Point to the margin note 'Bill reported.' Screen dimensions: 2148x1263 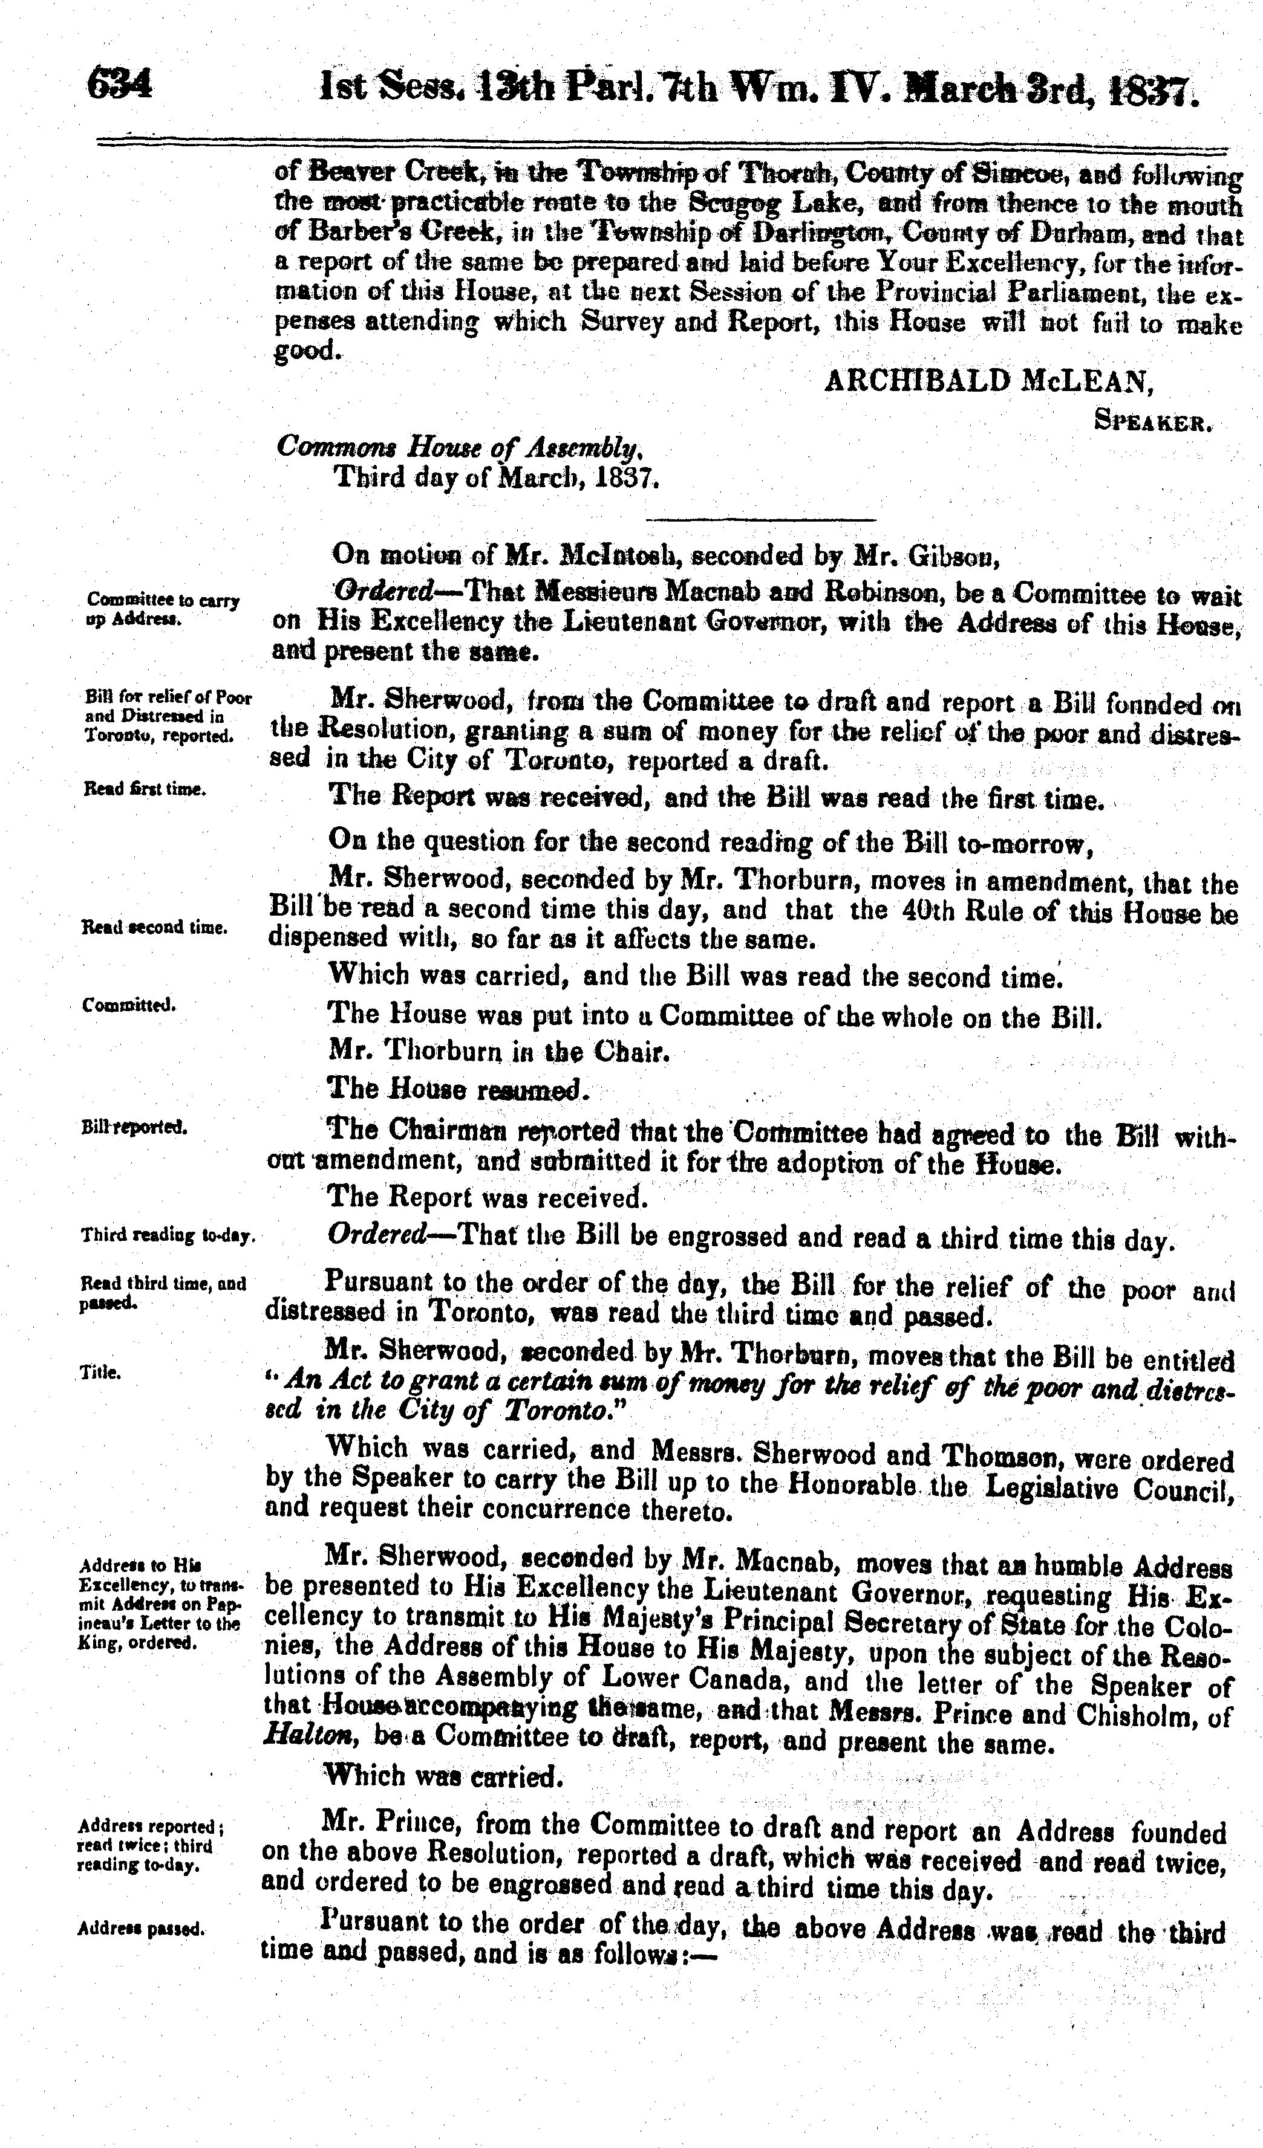pyautogui.click(x=134, y=1127)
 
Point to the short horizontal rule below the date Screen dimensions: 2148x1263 pyautogui.click(x=761, y=519)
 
